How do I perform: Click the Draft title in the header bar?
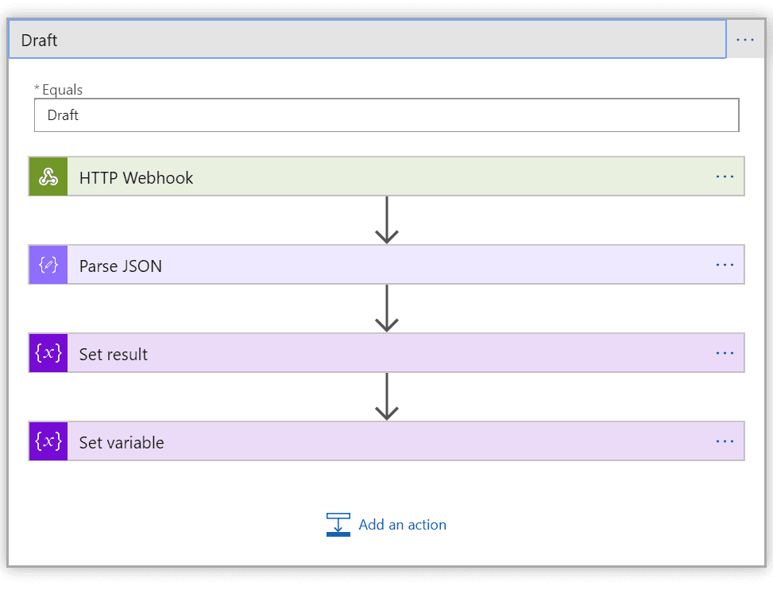39,41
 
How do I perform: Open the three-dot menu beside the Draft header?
745,40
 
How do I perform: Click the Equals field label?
62,90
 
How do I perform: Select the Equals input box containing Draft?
386,115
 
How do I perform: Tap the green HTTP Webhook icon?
48,177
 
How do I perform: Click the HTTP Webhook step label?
136,177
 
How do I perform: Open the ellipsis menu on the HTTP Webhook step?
725,177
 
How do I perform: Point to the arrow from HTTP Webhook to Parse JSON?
387,220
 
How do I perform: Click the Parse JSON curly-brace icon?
48,265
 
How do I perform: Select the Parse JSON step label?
121,266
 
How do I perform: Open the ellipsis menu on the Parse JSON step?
725,265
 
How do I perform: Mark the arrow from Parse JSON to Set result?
387,309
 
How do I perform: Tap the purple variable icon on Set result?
48,353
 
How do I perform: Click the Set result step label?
114,355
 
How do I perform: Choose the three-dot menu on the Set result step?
725,353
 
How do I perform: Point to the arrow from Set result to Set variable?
387,397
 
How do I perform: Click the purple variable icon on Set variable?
48,441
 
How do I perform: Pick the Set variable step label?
122,443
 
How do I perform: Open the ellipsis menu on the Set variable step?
725,441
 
